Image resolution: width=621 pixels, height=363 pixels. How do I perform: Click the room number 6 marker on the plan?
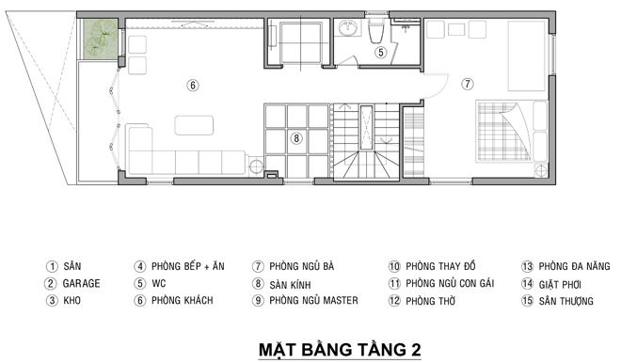(x=193, y=86)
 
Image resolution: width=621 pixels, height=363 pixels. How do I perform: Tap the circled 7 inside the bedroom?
(x=468, y=84)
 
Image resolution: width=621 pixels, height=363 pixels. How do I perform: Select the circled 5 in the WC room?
(x=381, y=53)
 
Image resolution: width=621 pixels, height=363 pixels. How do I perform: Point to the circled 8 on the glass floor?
(x=296, y=138)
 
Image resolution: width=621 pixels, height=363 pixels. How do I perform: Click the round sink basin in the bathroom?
(x=348, y=27)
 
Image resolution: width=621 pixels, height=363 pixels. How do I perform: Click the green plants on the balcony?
(x=101, y=38)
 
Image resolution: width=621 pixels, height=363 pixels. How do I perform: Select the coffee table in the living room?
(x=194, y=125)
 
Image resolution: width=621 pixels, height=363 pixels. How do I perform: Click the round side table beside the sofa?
(x=256, y=166)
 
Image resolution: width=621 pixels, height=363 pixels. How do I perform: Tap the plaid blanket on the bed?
(x=503, y=131)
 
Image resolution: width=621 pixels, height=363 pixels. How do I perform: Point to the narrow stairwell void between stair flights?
(x=366, y=127)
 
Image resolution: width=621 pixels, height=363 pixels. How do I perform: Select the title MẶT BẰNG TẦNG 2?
(x=340, y=350)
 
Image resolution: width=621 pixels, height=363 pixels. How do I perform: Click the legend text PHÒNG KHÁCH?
(x=183, y=300)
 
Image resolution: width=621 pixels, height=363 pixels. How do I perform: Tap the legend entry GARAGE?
(x=82, y=283)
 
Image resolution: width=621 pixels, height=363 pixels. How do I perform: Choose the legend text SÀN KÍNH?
(x=291, y=285)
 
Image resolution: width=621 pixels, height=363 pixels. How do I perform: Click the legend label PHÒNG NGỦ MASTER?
(x=313, y=300)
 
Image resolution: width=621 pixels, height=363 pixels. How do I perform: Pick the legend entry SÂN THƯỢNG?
(x=565, y=301)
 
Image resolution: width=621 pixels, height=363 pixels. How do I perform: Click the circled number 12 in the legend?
(x=394, y=301)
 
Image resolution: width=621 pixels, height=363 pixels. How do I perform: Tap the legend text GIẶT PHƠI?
(x=560, y=284)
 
